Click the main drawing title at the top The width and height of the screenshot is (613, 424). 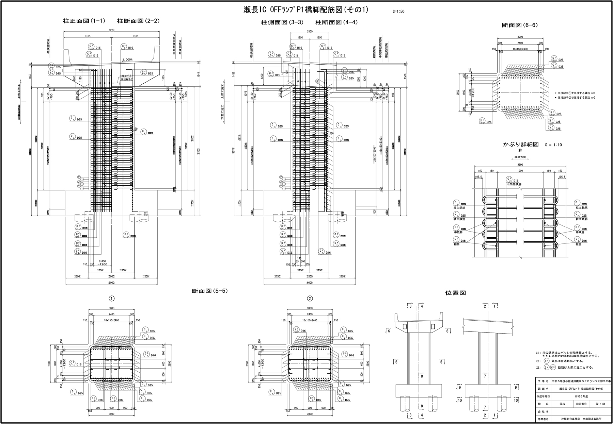306,10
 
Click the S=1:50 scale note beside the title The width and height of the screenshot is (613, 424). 398,12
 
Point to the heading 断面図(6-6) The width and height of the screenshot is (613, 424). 520,25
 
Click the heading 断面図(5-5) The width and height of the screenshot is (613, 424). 209,291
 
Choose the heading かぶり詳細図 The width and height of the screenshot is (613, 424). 521,144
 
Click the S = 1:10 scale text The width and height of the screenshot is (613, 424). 553,145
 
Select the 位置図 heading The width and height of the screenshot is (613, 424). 455,293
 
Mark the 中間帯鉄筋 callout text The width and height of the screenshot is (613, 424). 514,184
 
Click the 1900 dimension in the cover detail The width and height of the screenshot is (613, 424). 520,171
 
